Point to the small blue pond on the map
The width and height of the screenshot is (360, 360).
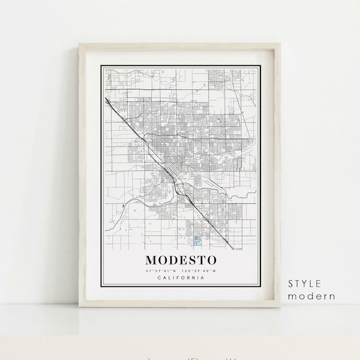[x=155, y=206]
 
